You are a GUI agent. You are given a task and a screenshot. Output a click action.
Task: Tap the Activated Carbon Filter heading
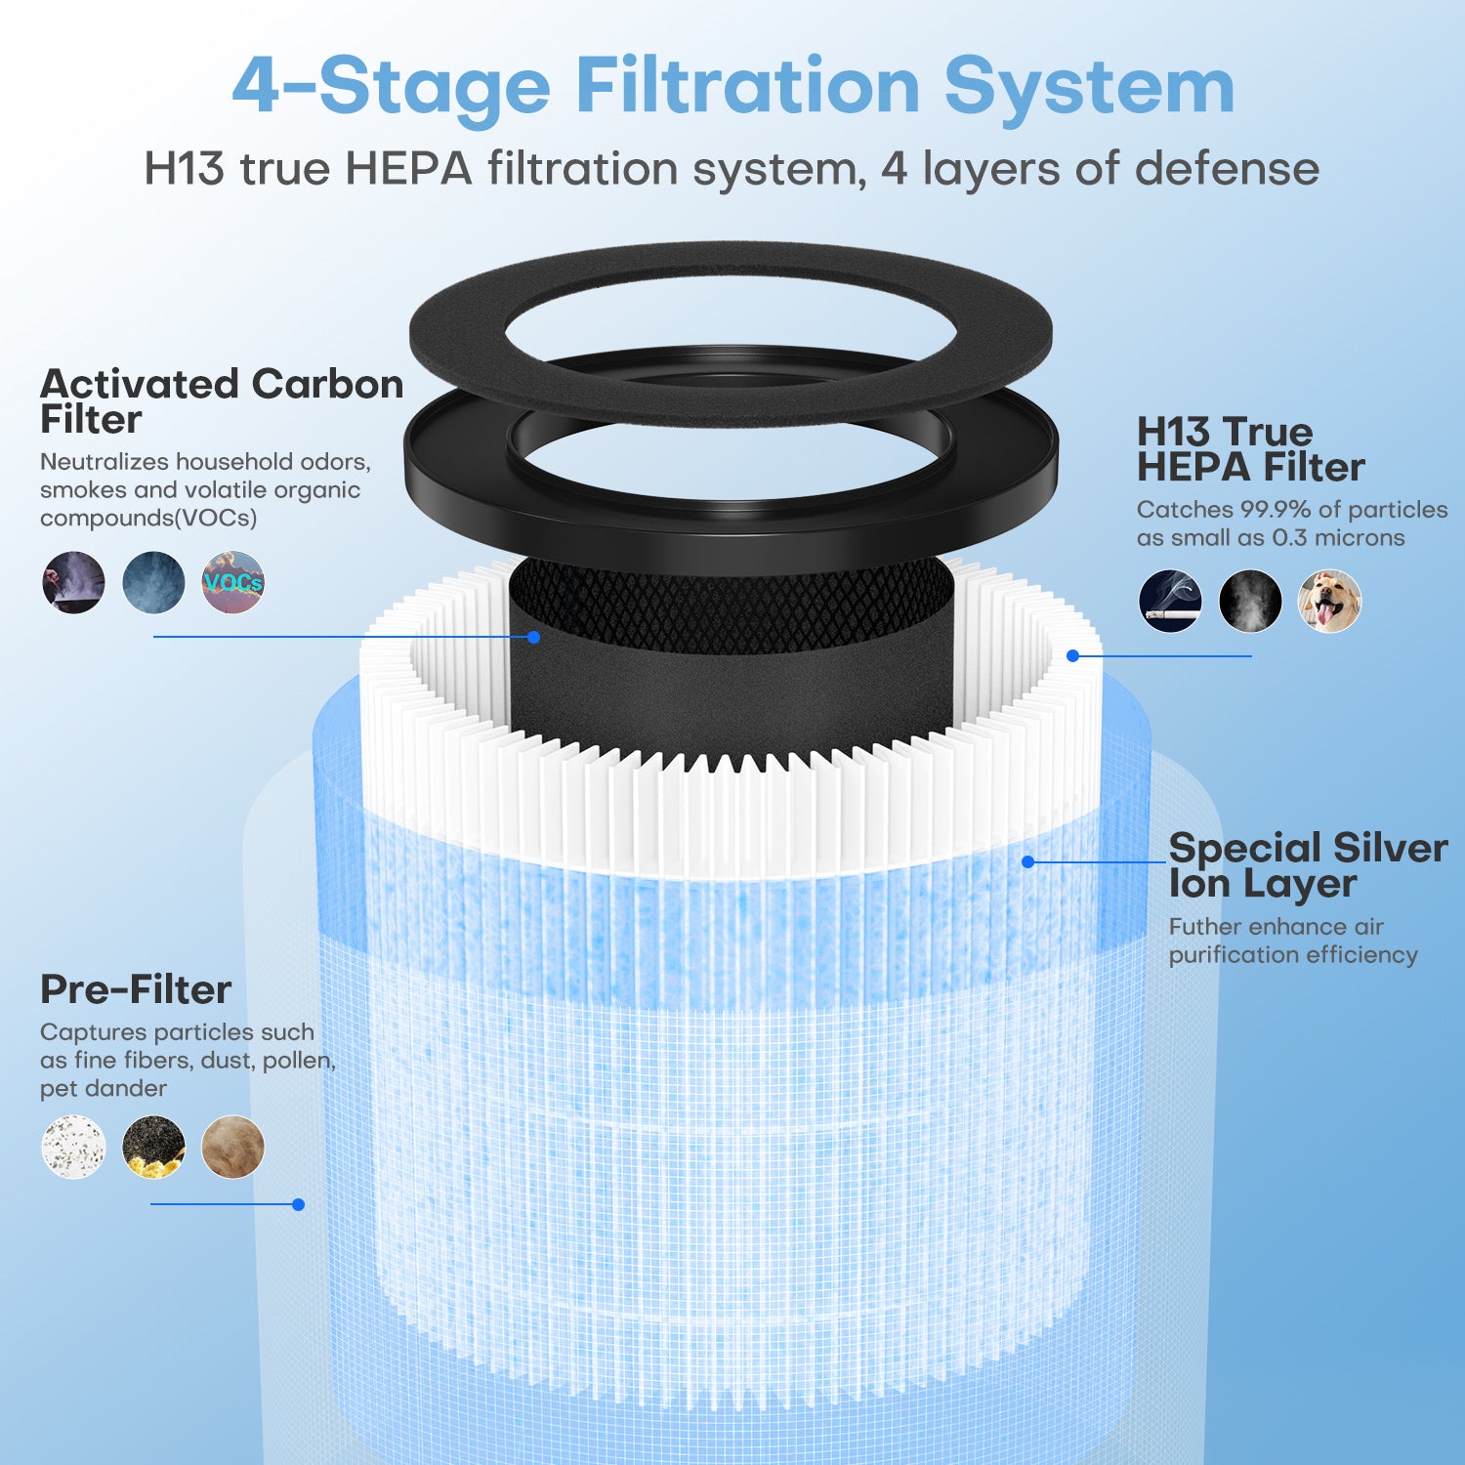pos(222,401)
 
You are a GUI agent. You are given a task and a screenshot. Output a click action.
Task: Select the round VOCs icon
pos(232,582)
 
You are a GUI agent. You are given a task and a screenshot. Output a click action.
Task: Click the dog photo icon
pos(1329,601)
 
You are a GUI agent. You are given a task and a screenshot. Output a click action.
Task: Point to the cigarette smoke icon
pos(1170,601)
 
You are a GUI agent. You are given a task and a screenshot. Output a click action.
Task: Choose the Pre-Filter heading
pos(136,989)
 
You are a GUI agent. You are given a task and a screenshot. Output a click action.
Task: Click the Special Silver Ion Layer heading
pos(1308,865)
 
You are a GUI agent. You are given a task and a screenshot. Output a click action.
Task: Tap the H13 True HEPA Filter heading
pos(1250,449)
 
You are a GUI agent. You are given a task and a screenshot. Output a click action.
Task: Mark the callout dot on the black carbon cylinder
pos(534,637)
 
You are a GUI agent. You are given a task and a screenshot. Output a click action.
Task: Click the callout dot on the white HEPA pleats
pos(1072,655)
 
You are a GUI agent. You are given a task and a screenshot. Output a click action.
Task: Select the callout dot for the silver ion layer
pos(1027,861)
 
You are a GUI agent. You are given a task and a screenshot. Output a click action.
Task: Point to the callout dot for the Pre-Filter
pos(299,1204)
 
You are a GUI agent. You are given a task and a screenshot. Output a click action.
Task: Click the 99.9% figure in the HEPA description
pos(1276,510)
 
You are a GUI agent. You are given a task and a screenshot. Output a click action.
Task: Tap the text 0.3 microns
pos(1338,538)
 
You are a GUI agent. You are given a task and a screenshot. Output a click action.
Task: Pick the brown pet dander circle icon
pos(232,1147)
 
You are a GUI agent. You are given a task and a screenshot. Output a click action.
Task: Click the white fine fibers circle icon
pos(73,1147)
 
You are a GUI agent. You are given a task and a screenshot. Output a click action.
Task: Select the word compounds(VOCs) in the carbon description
pos(148,518)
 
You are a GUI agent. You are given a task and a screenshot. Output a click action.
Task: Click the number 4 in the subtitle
pos(894,169)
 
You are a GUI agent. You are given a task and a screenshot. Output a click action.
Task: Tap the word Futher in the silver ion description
pos(1204,927)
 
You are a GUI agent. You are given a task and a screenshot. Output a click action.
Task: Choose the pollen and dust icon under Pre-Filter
pos(153,1147)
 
